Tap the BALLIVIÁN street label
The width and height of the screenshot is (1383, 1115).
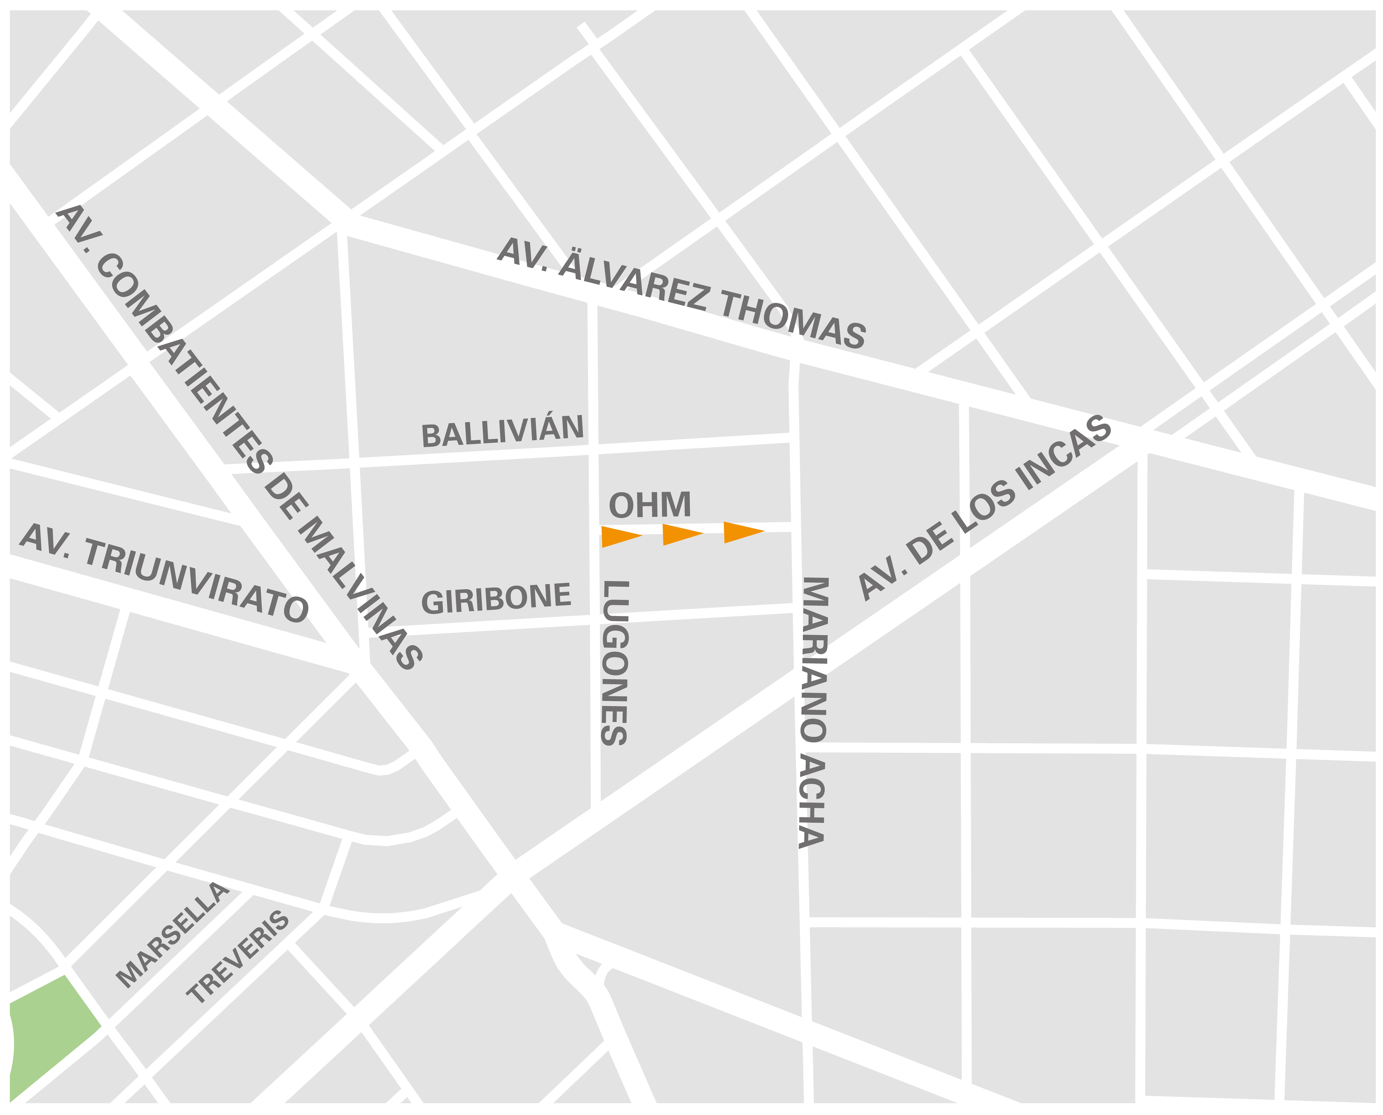[502, 432]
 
